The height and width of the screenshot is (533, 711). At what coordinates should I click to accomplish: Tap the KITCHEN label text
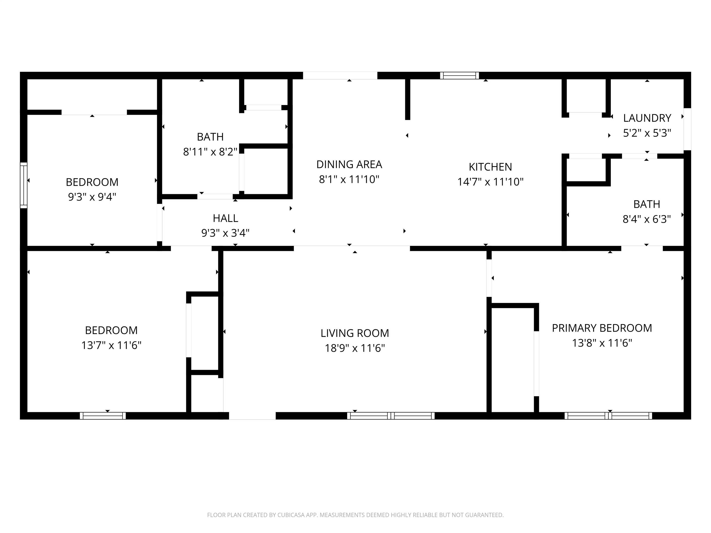(490, 167)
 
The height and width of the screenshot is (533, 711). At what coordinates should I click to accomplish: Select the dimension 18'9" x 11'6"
(355, 348)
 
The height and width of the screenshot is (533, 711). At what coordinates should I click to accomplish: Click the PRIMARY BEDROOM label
(602, 328)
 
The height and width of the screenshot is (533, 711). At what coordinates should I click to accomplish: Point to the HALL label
(225, 218)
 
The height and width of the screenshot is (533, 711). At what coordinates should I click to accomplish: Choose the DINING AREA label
(349, 164)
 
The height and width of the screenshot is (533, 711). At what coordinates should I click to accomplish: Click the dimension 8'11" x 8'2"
(210, 152)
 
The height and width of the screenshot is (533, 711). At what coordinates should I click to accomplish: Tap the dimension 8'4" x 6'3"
(646, 219)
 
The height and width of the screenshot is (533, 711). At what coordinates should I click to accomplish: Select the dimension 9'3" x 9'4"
(92, 197)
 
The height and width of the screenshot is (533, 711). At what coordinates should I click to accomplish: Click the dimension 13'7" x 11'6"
(111, 345)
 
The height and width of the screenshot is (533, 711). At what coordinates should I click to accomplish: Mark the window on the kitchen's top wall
(459, 75)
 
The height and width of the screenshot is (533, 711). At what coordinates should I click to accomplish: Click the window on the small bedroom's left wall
(23, 185)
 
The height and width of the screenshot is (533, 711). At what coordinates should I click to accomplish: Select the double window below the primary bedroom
(608, 416)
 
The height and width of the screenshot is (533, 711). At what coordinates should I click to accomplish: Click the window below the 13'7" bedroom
(103, 416)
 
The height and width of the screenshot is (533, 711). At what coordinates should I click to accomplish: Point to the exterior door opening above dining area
(340, 75)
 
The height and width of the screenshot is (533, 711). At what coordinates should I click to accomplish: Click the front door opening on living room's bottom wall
(252, 416)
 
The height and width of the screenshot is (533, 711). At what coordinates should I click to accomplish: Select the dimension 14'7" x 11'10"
(490, 182)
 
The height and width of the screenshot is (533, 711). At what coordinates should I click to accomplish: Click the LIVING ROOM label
(355, 333)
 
